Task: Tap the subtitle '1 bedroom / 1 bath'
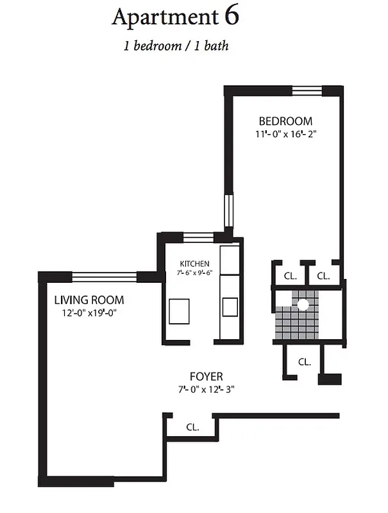[x=176, y=46]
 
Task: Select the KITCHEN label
[x=194, y=264]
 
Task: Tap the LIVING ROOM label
[x=89, y=299]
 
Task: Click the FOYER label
[x=206, y=376]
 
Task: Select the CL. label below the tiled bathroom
[x=304, y=362]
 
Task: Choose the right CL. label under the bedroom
[x=323, y=276]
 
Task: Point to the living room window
[x=104, y=276]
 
